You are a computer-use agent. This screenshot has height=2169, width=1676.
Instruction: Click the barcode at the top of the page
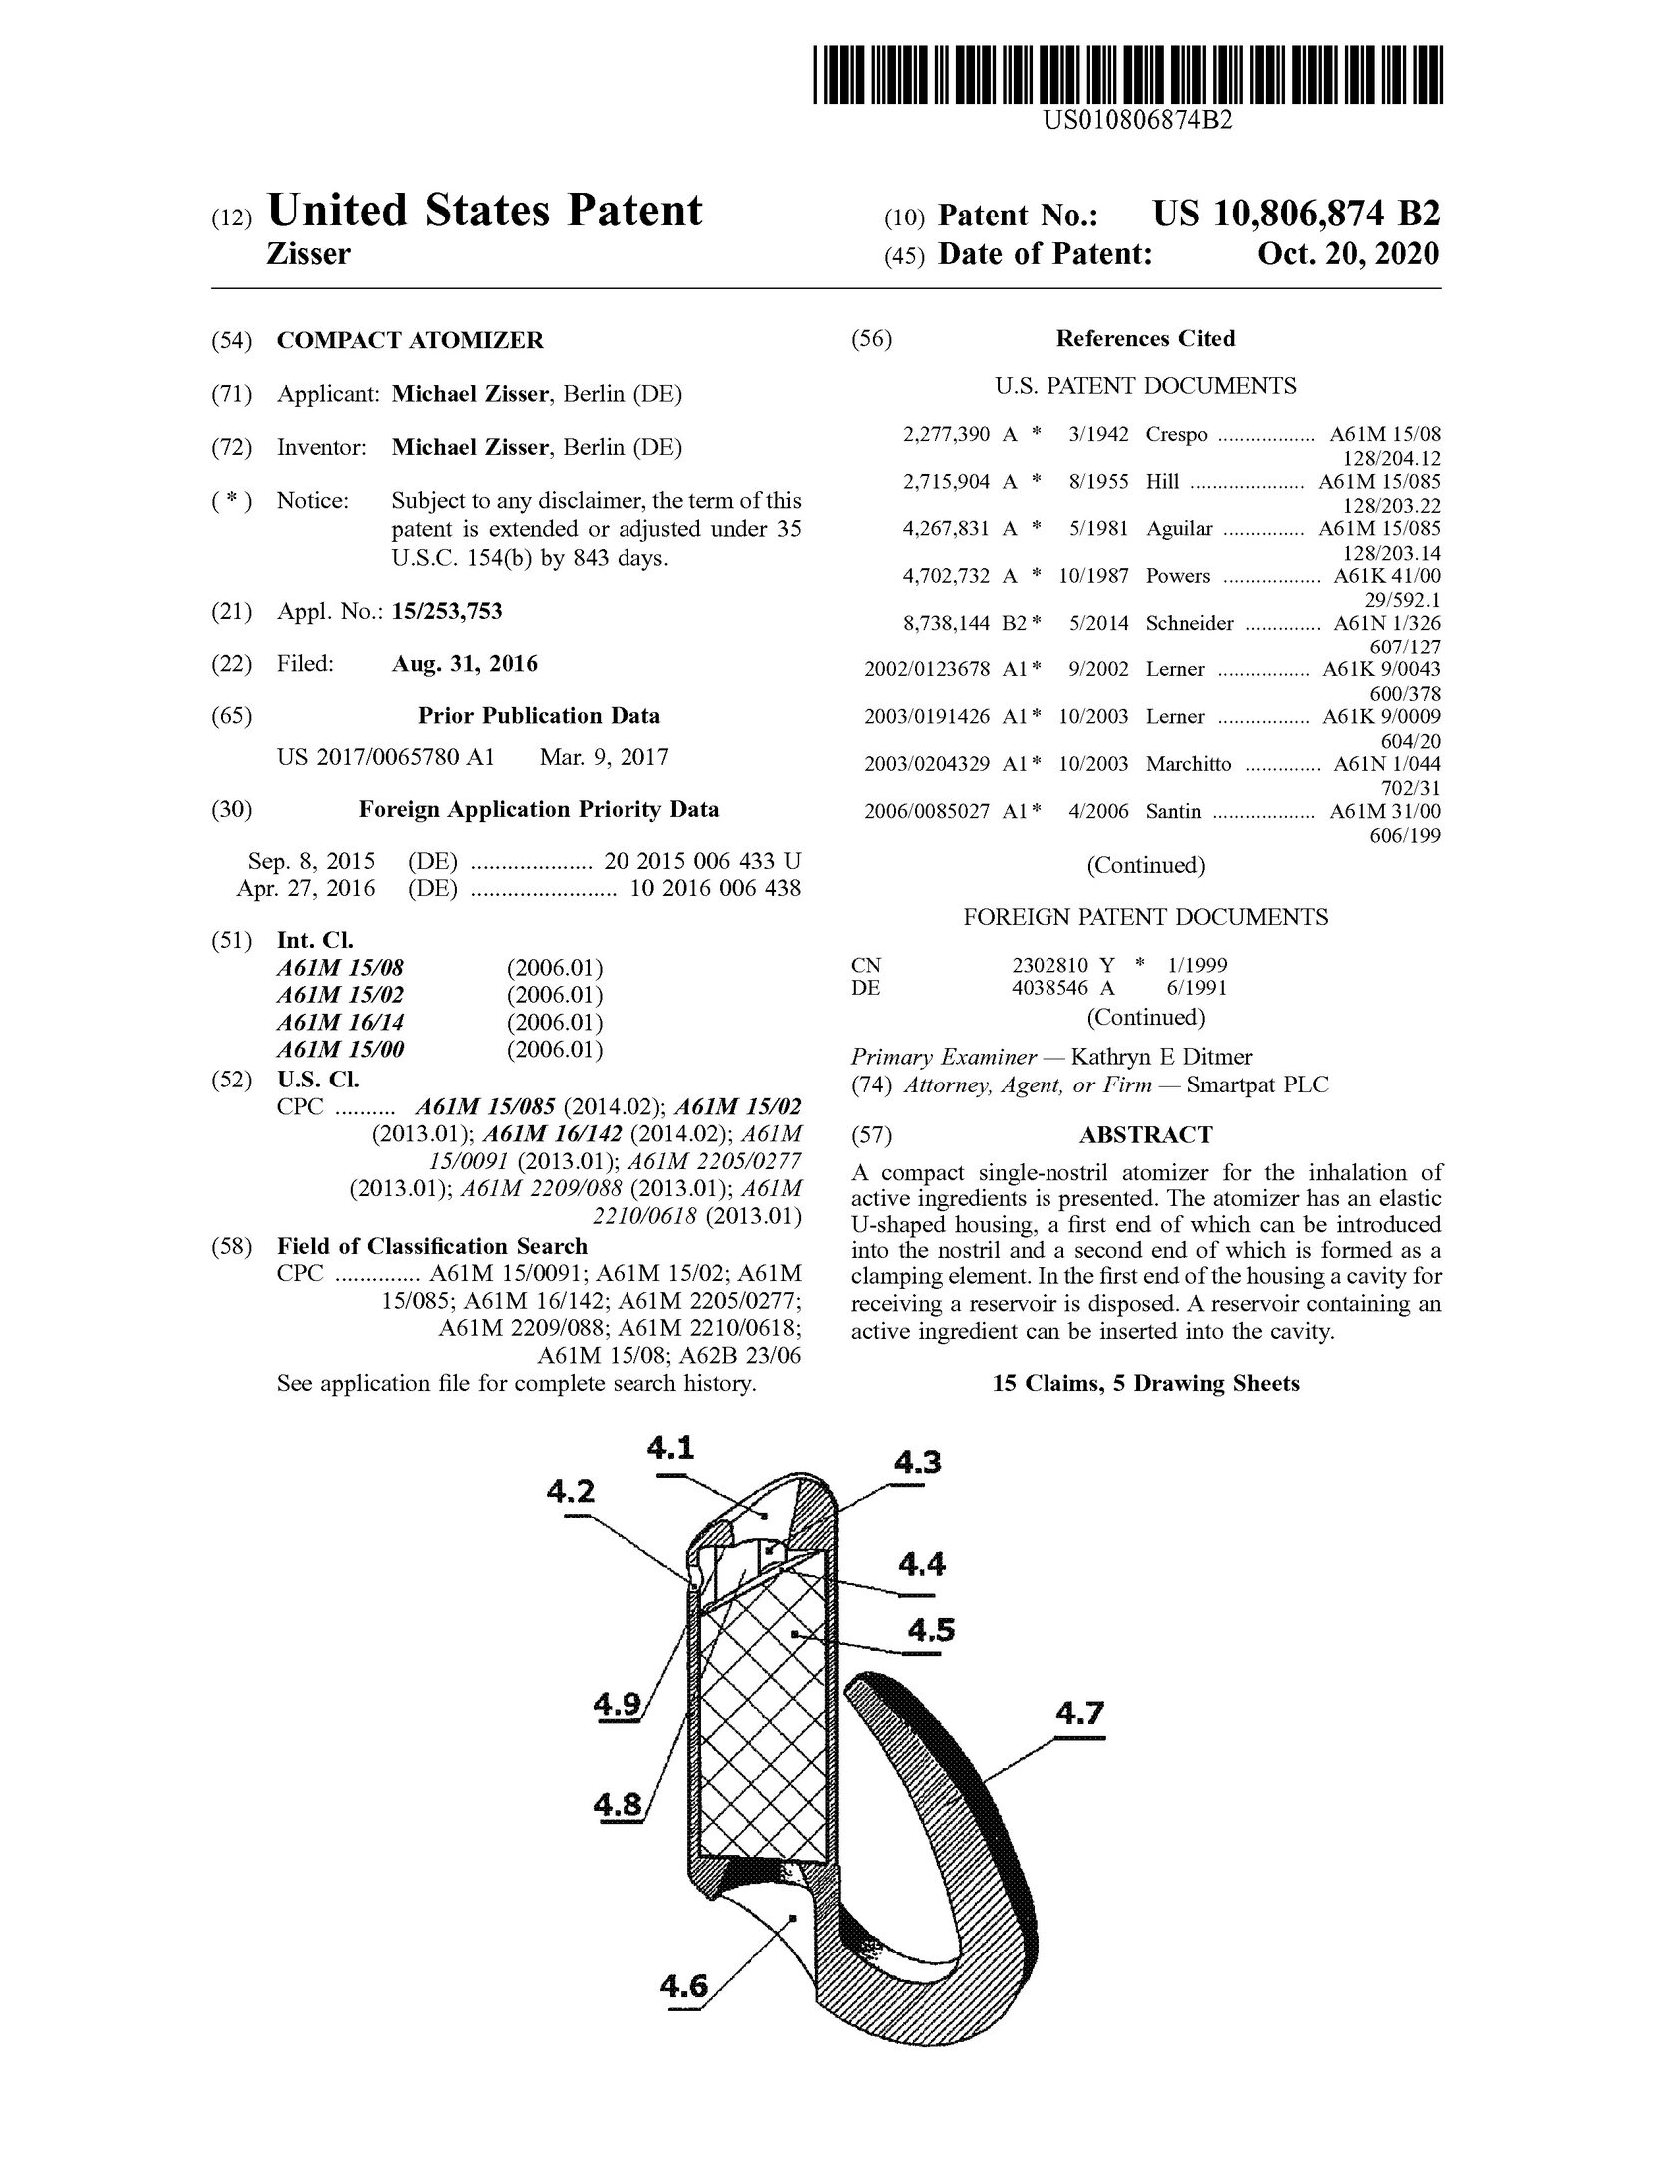1127,74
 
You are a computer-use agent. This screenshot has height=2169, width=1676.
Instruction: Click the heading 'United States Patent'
485,212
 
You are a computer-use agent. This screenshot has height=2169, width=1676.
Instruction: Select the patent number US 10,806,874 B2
1296,215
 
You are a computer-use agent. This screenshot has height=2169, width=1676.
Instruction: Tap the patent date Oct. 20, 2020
1348,254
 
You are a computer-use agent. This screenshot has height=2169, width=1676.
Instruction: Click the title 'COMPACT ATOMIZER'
410,341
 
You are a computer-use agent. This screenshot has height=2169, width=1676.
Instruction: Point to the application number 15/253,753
446,611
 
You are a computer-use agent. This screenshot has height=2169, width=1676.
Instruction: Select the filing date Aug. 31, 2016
464,663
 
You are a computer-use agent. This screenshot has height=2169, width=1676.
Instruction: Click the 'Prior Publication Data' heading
539,716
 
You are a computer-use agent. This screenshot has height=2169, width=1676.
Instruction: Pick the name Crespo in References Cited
1176,435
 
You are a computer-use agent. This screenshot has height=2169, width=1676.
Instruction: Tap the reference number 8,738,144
946,624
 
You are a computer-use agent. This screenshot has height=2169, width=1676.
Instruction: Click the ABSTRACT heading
1145,1135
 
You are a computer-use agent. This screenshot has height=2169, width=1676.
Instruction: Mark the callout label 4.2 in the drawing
570,1491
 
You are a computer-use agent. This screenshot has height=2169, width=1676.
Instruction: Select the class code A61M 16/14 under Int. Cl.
340,1023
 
